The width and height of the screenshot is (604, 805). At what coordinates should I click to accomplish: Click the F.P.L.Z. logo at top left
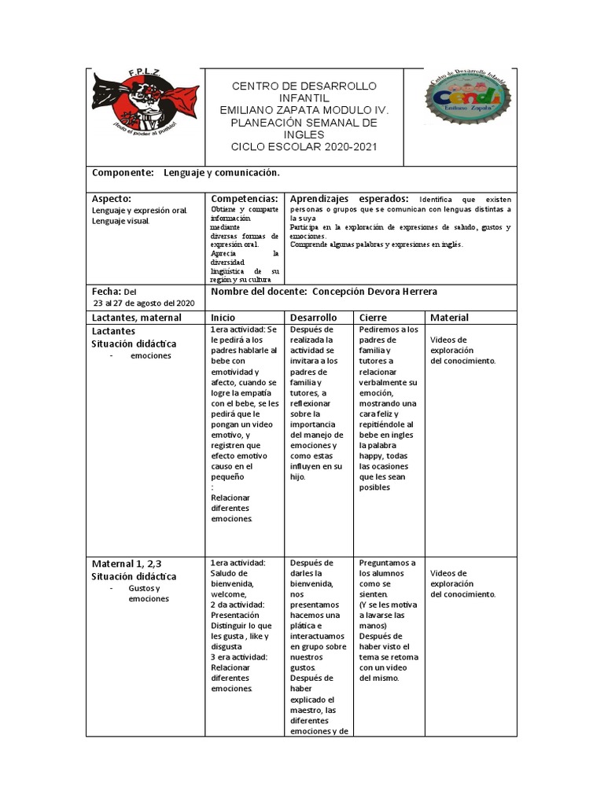click(134, 102)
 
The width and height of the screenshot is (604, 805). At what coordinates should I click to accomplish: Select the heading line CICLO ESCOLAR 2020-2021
click(304, 146)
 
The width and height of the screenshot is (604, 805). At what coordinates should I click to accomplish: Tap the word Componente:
click(121, 172)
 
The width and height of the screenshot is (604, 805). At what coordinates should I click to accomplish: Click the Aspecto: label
click(112, 199)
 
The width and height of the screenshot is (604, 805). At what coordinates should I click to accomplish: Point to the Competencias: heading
click(245, 199)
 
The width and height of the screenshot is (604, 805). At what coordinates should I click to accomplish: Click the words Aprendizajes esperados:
click(349, 199)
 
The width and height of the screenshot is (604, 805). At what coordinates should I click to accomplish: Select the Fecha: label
click(106, 291)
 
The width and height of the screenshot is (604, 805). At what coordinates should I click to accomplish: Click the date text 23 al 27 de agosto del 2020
click(143, 303)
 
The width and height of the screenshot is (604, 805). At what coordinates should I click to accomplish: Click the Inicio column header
click(223, 318)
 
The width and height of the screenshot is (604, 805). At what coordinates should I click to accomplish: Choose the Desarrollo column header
click(313, 318)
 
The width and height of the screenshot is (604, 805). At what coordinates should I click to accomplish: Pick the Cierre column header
click(374, 318)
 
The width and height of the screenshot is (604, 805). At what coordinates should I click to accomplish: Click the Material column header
click(450, 318)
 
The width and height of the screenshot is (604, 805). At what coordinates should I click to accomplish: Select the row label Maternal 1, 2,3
click(127, 564)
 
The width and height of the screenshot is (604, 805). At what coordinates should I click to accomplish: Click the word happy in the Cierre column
click(372, 455)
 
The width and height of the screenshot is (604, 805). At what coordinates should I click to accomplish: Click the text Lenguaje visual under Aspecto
click(120, 221)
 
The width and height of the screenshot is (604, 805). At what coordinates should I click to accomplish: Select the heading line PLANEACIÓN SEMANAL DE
click(304, 123)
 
